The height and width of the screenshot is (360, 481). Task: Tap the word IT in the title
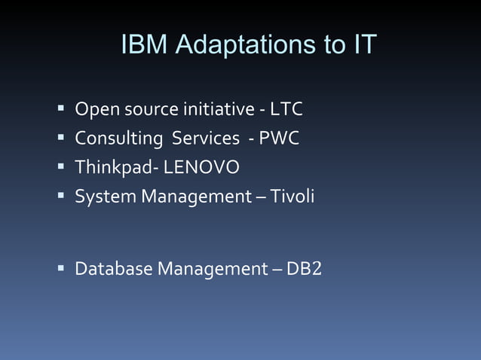pyautogui.click(x=361, y=45)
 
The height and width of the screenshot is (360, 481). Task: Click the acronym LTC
pyautogui.click(x=286, y=110)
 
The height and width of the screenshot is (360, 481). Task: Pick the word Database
pyautogui.click(x=113, y=268)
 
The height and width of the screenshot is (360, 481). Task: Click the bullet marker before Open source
pyautogui.click(x=60, y=110)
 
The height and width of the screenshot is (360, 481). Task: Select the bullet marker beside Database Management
pyautogui.click(x=60, y=268)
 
